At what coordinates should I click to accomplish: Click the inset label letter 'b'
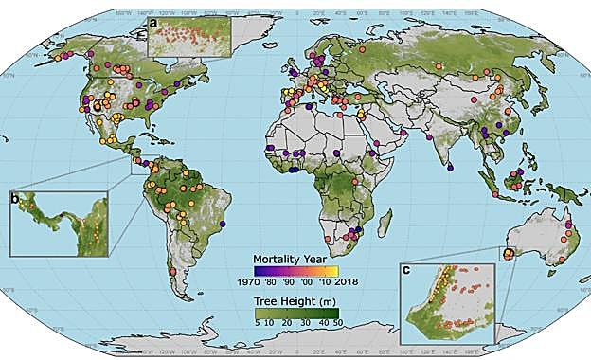pos(15,198)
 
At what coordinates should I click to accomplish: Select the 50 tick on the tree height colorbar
pos(339,324)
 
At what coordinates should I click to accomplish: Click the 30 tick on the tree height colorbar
pos(302,324)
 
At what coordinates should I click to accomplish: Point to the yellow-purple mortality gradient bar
pos(297,269)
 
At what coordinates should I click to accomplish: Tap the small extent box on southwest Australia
pos(506,253)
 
